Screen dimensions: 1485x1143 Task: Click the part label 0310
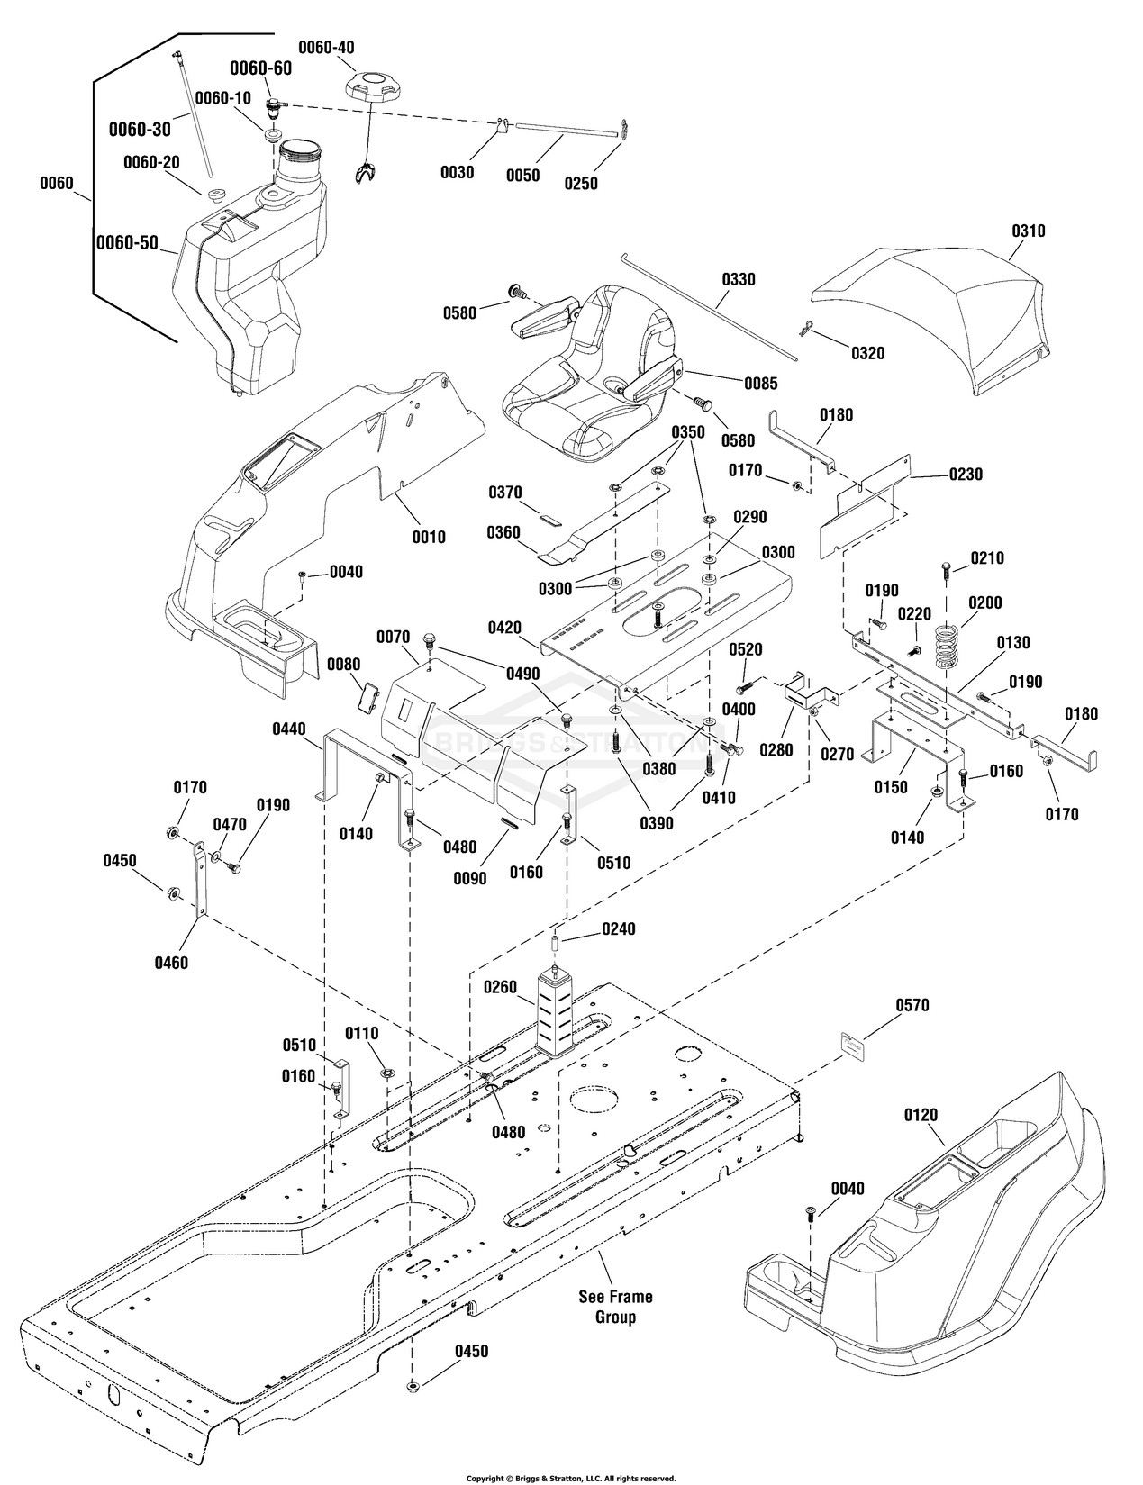click(x=1028, y=231)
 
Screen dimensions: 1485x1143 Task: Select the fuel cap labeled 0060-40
click(x=369, y=88)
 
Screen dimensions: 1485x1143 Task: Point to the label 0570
click(x=912, y=1005)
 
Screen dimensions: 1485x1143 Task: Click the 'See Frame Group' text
click(x=615, y=1307)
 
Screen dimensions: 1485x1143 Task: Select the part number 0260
click(x=499, y=987)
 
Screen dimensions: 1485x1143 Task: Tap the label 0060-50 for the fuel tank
click(x=127, y=242)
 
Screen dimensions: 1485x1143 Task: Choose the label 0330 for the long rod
click(x=738, y=279)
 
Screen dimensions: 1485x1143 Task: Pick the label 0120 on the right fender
click(x=920, y=1115)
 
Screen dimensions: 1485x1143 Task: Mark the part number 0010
click(x=428, y=537)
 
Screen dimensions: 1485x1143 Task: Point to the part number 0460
click(x=170, y=963)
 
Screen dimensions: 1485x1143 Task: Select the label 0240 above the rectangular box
click(x=619, y=928)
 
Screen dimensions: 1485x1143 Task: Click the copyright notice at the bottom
click(x=570, y=1478)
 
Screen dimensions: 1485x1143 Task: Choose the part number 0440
click(x=287, y=729)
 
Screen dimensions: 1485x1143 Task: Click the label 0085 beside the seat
click(x=760, y=383)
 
